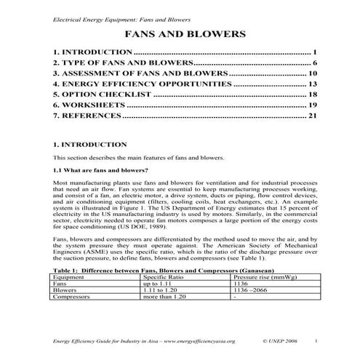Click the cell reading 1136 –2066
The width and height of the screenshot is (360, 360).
[x=251, y=290]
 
